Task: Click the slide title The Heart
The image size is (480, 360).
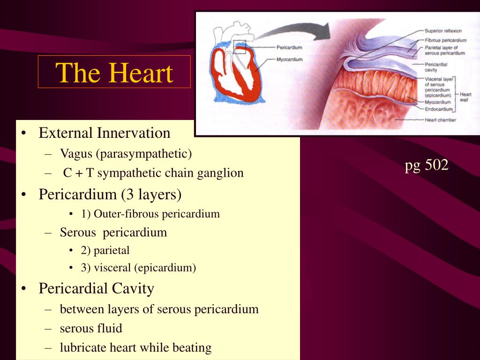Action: pos(114,73)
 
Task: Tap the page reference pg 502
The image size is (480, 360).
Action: pos(427,165)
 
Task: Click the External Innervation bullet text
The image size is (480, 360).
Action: pos(105,133)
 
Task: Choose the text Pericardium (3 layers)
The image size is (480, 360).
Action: pos(110,195)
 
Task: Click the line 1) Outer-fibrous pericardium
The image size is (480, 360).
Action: pos(150,214)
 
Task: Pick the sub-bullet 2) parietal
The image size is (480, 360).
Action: pos(105,250)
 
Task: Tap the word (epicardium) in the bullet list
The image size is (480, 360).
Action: pos(165,268)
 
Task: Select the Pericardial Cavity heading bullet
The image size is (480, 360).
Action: pos(97,288)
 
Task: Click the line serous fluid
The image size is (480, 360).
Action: pos(91,328)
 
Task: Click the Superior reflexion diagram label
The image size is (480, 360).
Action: pos(443,31)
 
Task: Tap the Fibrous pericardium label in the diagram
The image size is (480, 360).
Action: pos(445,40)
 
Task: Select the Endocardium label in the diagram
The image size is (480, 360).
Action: pos(439,109)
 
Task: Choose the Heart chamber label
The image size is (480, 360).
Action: pos(440,120)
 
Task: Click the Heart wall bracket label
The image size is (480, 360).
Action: pos(465,97)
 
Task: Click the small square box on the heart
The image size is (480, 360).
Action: pos(240,47)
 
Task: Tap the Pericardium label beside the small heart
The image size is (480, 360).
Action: pos(289,47)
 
